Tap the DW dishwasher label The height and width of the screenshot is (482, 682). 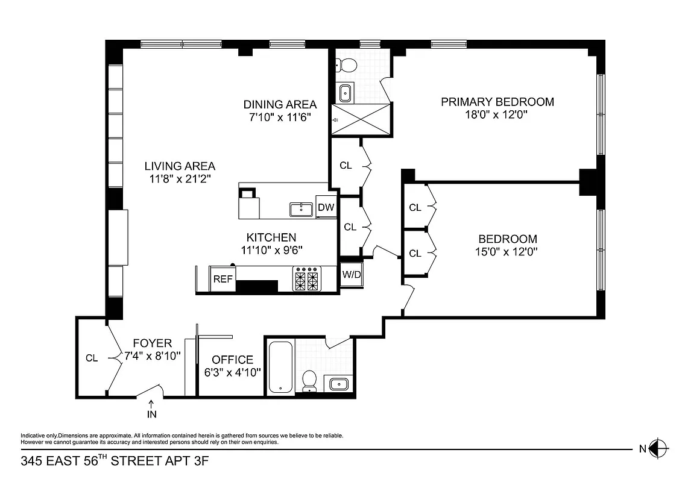(326, 208)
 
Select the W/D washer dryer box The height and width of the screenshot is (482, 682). (351, 275)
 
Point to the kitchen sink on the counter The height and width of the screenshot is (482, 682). (300, 210)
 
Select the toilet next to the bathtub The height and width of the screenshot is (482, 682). (309, 380)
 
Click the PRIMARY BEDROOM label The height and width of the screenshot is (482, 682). (497, 102)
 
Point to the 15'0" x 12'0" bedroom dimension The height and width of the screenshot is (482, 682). (505, 252)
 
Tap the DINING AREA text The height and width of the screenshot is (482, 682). (279, 104)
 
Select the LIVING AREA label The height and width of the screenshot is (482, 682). (179, 166)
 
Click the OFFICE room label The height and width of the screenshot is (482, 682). (232, 360)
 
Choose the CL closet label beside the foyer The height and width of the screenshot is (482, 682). (91, 358)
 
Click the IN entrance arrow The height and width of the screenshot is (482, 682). (151, 409)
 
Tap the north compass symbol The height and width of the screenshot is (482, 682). (660, 448)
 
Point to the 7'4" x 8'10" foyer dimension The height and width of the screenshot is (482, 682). (153, 355)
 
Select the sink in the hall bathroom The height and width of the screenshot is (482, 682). (336, 383)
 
